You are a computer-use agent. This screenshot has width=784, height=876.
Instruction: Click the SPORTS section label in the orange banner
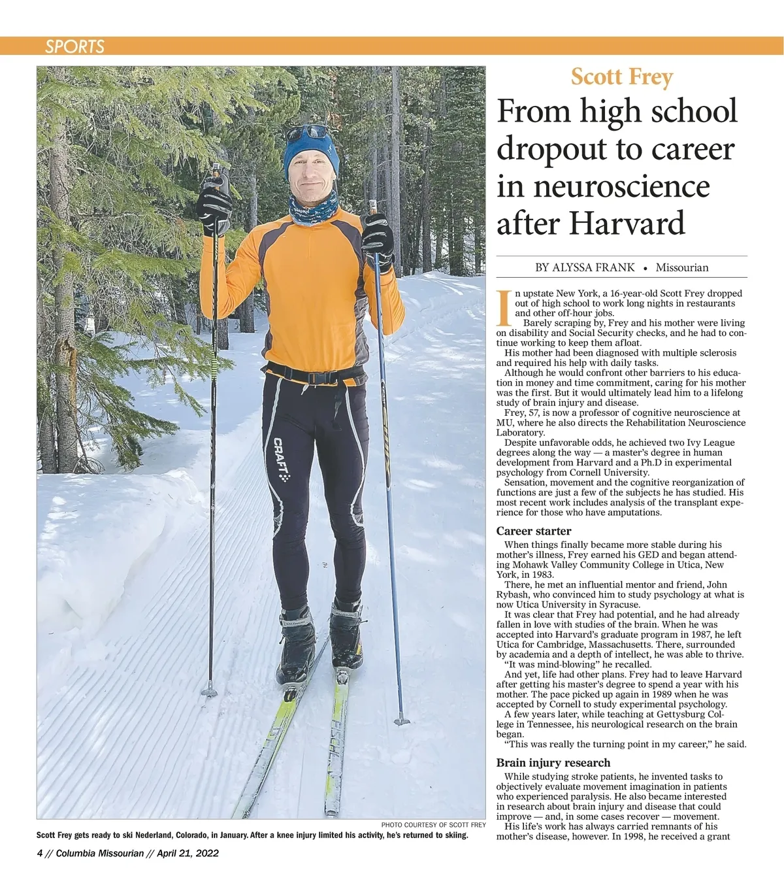(x=74, y=46)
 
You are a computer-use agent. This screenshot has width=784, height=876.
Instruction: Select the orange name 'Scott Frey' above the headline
(x=621, y=77)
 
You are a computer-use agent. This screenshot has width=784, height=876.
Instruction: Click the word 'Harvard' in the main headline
(x=627, y=223)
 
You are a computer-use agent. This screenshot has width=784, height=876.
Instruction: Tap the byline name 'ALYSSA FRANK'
(x=594, y=267)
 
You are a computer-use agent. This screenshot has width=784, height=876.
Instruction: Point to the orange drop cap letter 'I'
(x=503, y=307)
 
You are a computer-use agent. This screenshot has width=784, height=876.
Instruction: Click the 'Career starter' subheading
(x=533, y=531)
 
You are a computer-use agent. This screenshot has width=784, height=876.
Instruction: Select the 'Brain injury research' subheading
(x=553, y=762)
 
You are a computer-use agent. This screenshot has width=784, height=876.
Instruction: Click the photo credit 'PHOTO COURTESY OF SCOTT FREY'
(x=433, y=825)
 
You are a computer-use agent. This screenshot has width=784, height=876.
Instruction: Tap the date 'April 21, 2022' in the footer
(x=189, y=853)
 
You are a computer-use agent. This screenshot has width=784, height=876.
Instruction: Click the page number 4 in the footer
(x=40, y=853)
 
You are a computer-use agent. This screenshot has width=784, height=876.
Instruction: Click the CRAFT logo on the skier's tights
(x=281, y=458)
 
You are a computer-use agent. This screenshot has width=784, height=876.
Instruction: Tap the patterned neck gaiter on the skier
(x=314, y=208)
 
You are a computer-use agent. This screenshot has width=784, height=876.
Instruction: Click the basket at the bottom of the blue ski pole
(x=402, y=720)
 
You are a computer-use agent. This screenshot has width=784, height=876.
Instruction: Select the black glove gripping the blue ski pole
(x=378, y=239)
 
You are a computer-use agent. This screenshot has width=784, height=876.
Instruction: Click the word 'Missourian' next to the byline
(x=681, y=267)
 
